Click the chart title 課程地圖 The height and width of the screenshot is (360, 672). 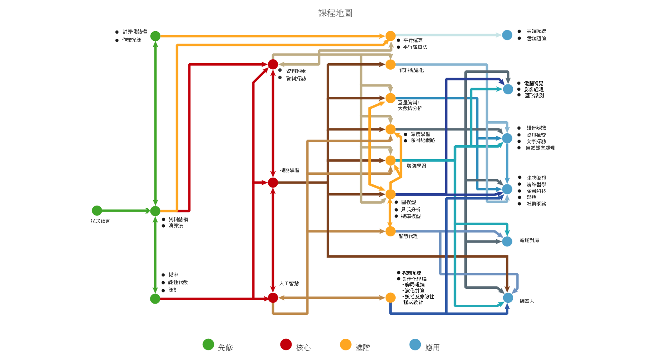[x=335, y=13]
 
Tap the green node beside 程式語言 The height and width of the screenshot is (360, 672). [x=97, y=210]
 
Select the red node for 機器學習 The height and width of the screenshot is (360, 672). [x=273, y=182]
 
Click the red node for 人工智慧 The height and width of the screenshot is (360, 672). [x=273, y=298]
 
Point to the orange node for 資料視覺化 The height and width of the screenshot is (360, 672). [x=390, y=64]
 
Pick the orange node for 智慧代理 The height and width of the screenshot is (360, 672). [x=390, y=231]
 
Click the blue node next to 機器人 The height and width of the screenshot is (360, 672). [x=508, y=298]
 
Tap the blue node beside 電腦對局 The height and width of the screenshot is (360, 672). [x=507, y=241]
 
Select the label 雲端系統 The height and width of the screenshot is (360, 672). [x=536, y=31]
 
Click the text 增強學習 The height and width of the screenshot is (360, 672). [x=416, y=166]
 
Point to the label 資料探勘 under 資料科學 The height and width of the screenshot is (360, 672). [x=296, y=79]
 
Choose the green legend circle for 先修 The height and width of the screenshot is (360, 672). [x=208, y=344]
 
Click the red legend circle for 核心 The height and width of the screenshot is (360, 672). [x=286, y=344]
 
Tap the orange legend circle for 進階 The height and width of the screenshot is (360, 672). [x=346, y=344]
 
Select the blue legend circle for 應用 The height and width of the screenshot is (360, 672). [x=415, y=344]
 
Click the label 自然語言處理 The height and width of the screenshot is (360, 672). [x=540, y=148]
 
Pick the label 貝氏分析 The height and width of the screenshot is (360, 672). [x=411, y=209]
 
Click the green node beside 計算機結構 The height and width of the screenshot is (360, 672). [x=155, y=36]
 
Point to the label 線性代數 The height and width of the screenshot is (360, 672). [x=178, y=282]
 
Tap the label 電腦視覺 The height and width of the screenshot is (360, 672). [x=534, y=83]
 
